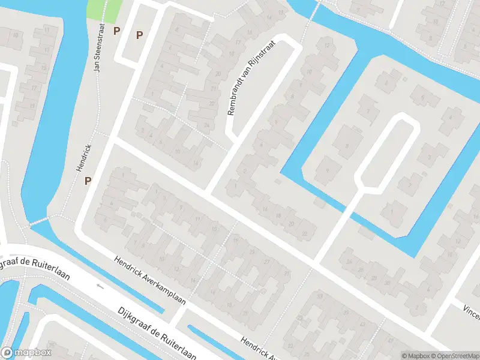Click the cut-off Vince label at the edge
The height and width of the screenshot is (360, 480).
point(470,310)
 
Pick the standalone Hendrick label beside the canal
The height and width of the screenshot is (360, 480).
point(83,158)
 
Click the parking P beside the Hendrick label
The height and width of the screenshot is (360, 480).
point(88,180)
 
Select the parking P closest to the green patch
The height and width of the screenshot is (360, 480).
point(117,30)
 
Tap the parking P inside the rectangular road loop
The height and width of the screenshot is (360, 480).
point(139,35)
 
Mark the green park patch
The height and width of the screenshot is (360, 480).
point(104,8)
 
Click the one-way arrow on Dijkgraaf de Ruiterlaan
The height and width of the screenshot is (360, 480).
point(100,286)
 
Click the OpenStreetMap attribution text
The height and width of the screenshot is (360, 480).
point(455,356)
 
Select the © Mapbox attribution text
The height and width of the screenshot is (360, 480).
point(416,356)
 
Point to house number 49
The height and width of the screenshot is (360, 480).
point(391,341)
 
